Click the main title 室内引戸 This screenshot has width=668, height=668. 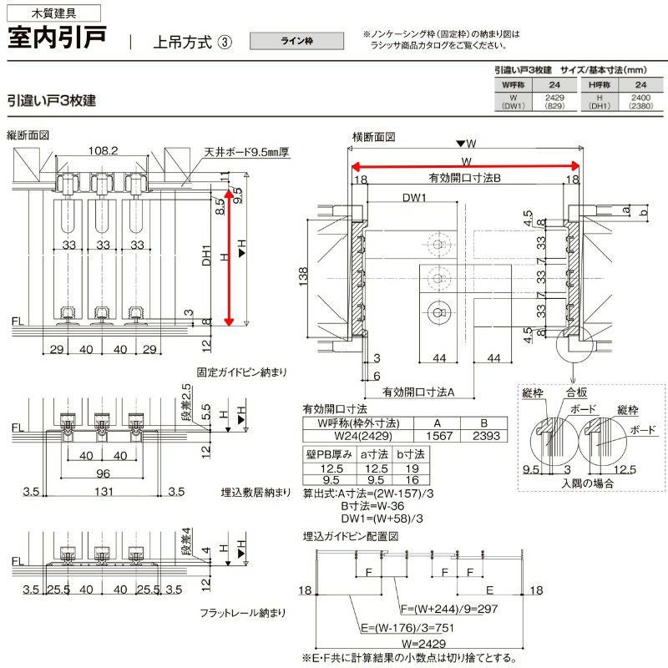(56, 39)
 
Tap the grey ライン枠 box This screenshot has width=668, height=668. (296, 41)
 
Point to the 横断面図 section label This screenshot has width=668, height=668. (372, 136)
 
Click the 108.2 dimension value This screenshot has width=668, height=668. (103, 151)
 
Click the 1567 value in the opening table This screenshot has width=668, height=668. (439, 435)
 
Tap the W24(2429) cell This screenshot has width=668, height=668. (359, 435)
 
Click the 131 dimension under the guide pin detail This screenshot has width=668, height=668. (103, 492)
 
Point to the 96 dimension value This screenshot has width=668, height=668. (102, 472)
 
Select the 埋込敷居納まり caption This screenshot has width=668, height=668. (256, 491)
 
